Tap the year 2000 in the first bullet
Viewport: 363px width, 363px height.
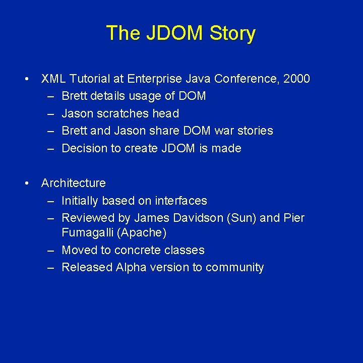point(297,79)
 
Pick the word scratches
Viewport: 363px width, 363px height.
point(115,113)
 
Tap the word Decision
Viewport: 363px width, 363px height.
point(83,148)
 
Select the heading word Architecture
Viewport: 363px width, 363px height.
point(74,183)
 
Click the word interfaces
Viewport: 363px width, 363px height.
point(180,201)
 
